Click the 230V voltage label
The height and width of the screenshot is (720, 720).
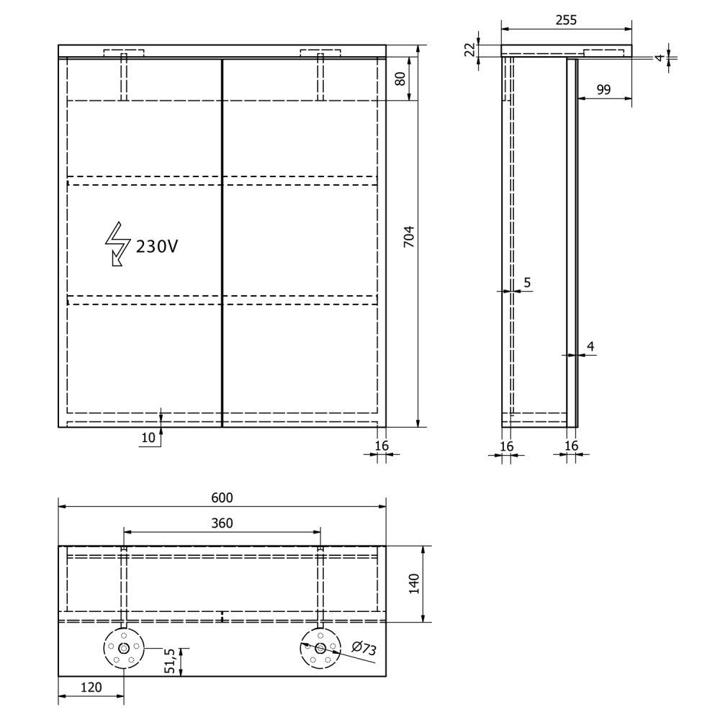pos(156,247)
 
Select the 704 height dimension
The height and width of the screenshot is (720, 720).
pos(409,236)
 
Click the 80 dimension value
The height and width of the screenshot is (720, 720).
pos(400,78)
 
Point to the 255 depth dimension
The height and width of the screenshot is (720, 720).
pos(566,20)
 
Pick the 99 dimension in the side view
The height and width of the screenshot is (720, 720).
pos(603,89)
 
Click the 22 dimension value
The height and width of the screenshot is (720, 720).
pos(469,50)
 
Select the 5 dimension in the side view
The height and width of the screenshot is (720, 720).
pos(527,282)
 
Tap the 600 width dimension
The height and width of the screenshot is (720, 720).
pos(222,498)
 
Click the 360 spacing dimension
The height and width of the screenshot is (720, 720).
pos(222,523)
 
